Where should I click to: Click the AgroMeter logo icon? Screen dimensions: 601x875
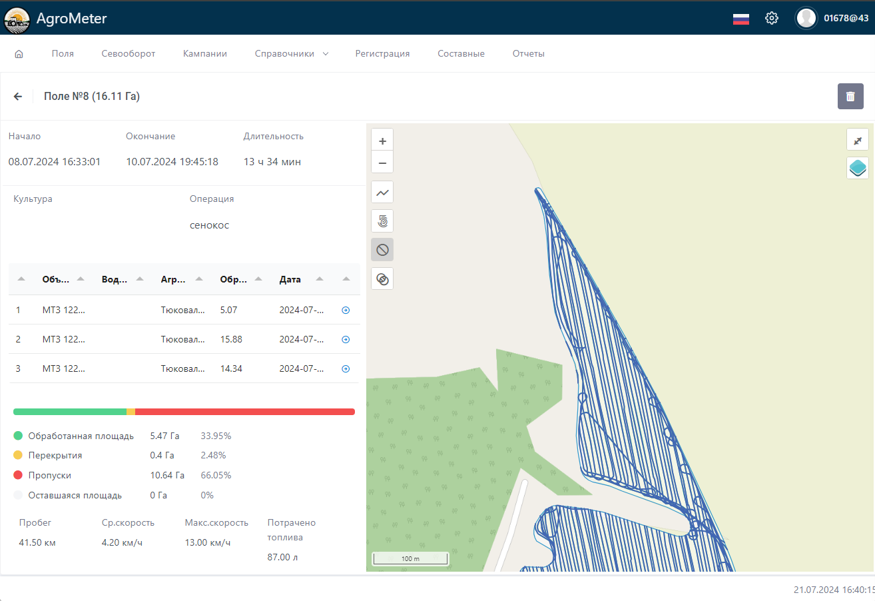pyautogui.click(x=17, y=19)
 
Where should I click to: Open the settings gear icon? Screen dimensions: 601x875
pyautogui.click(x=772, y=18)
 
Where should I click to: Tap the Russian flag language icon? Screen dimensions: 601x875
pyautogui.click(x=741, y=19)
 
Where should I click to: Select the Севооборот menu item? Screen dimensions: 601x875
pyautogui.click(x=129, y=53)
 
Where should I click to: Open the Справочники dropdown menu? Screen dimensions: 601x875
pyautogui.click(x=292, y=53)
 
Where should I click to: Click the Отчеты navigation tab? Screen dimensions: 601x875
pyautogui.click(x=529, y=53)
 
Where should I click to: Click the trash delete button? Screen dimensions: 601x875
pyautogui.click(x=850, y=97)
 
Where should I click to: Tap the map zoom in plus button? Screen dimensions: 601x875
pyautogui.click(x=382, y=141)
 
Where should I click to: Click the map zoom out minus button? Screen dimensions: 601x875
pyautogui.click(x=382, y=163)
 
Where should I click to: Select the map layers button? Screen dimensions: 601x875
pyautogui.click(x=858, y=168)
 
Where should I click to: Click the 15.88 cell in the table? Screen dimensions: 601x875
pyautogui.click(x=231, y=339)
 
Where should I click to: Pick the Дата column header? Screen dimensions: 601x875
pyautogui.click(x=290, y=279)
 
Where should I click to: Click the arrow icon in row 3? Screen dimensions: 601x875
pyautogui.click(x=346, y=368)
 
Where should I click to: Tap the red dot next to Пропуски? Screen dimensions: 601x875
pyautogui.click(x=18, y=475)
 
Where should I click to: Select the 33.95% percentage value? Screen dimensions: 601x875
pyautogui.click(x=216, y=436)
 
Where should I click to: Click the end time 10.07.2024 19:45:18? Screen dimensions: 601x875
pyautogui.click(x=172, y=161)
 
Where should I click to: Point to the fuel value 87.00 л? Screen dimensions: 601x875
pyautogui.click(x=282, y=556)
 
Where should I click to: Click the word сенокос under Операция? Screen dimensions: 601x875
pyautogui.click(x=209, y=225)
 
